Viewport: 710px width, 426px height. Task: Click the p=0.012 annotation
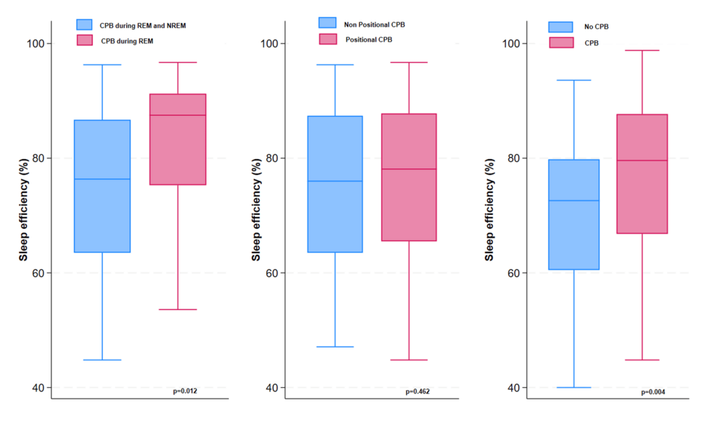coord(185,391)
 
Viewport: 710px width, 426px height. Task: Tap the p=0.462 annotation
coord(418,391)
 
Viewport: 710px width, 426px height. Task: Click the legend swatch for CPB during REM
coord(86,41)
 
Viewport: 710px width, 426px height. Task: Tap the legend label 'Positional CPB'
coord(369,40)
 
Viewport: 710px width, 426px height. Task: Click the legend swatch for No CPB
coord(560,27)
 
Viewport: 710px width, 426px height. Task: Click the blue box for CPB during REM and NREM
coord(102,186)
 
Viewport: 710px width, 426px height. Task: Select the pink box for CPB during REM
coord(177,140)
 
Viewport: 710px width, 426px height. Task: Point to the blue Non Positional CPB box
coord(335,184)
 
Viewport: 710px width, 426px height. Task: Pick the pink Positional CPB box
coord(409,177)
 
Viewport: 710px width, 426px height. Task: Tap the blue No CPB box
coord(574,214)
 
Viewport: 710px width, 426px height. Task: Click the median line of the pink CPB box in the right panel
coord(642,160)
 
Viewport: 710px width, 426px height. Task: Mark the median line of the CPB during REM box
coord(177,115)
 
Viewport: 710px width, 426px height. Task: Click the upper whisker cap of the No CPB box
coord(574,80)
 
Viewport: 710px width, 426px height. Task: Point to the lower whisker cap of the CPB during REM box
coord(177,309)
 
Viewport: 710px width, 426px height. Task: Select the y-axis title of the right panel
coord(490,209)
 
